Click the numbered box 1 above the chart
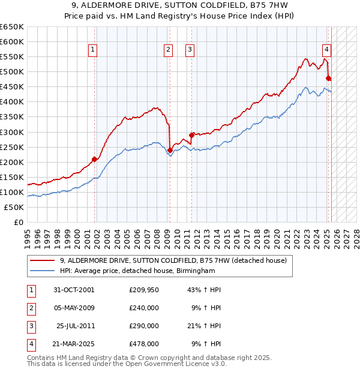click(x=94, y=50)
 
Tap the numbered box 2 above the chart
click(x=169, y=50)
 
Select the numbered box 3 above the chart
click(x=190, y=50)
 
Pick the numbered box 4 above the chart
click(x=326, y=50)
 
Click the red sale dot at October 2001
click(x=94, y=159)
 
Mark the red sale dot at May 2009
click(x=170, y=150)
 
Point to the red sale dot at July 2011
click(x=192, y=135)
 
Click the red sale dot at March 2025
click(x=328, y=78)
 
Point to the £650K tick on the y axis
click(x=12, y=27)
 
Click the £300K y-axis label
click(x=12, y=132)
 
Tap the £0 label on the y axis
click(x=18, y=222)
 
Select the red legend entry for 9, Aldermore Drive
click(x=174, y=260)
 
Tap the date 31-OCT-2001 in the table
click(x=74, y=290)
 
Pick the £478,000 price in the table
click(x=144, y=344)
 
